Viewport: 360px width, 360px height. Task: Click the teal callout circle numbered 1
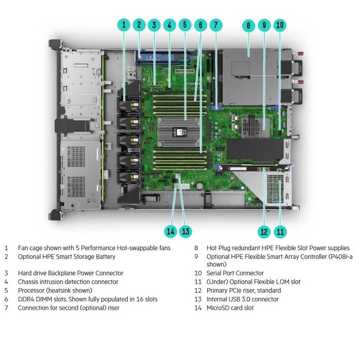pos(125,25)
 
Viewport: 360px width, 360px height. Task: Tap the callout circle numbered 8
pos(248,25)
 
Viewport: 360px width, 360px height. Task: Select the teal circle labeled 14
pos(170,231)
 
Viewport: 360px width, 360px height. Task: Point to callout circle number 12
pos(264,231)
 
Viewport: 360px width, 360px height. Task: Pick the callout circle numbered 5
pos(184,25)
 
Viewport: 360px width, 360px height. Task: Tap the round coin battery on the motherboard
pos(200,185)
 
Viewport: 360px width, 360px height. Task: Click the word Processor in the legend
pos(32,290)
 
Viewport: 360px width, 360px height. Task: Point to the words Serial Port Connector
pos(235,273)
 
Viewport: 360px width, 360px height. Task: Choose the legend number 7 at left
pos(6,308)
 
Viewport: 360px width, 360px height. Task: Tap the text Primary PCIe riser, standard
pos(243,290)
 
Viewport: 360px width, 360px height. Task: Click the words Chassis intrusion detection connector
pos(68,282)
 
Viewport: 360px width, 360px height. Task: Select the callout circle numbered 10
pos(279,25)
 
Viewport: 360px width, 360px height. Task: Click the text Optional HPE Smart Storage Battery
pos(67,256)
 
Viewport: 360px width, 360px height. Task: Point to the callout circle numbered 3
pos(154,25)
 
